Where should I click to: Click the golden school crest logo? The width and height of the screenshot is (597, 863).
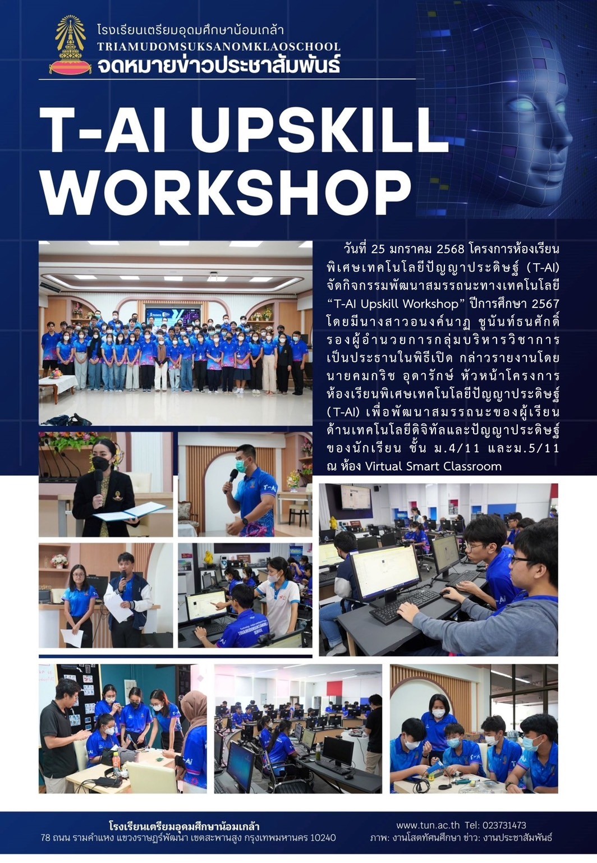(70, 44)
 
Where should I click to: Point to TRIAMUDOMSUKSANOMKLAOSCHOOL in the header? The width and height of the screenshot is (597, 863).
(219, 47)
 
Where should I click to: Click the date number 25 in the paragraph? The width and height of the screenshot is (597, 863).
(377, 249)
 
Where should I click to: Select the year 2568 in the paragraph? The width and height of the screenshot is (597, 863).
(450, 249)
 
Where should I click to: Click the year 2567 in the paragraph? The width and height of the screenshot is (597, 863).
(545, 304)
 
